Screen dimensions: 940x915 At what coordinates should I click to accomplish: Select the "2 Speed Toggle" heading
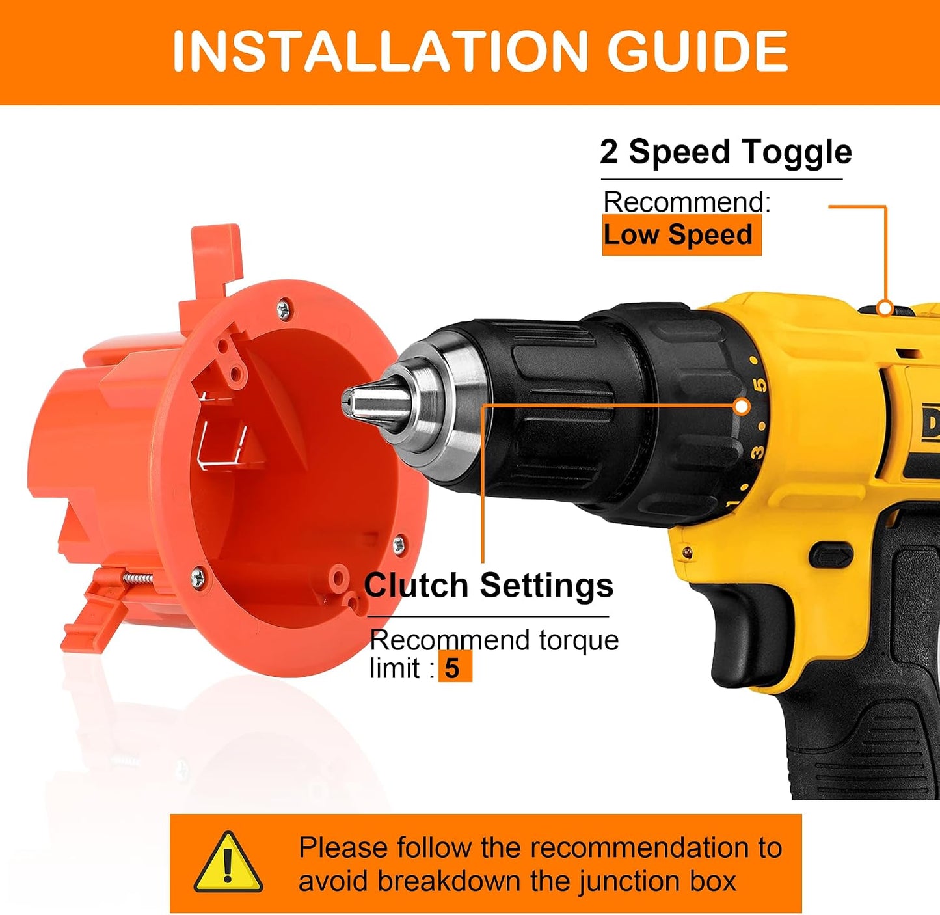[725, 152]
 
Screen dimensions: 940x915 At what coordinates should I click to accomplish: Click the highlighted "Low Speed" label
[681, 235]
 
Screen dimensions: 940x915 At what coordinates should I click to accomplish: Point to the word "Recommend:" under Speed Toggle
[686, 202]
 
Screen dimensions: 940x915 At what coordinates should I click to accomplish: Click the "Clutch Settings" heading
[489, 585]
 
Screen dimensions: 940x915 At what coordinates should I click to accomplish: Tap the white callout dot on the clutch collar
[742, 407]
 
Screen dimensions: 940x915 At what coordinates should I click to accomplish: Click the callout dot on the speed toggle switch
[886, 307]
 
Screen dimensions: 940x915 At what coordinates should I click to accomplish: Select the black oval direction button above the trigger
[830, 554]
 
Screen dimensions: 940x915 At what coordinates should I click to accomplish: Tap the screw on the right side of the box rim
[399, 545]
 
